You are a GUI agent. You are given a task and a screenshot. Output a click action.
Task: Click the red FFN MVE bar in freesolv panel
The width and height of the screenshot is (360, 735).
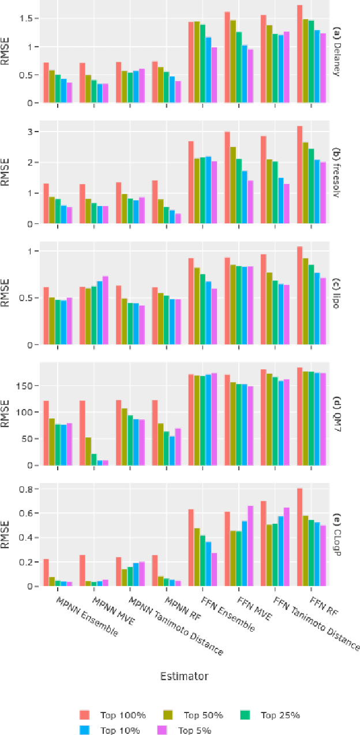(x=227, y=177)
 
